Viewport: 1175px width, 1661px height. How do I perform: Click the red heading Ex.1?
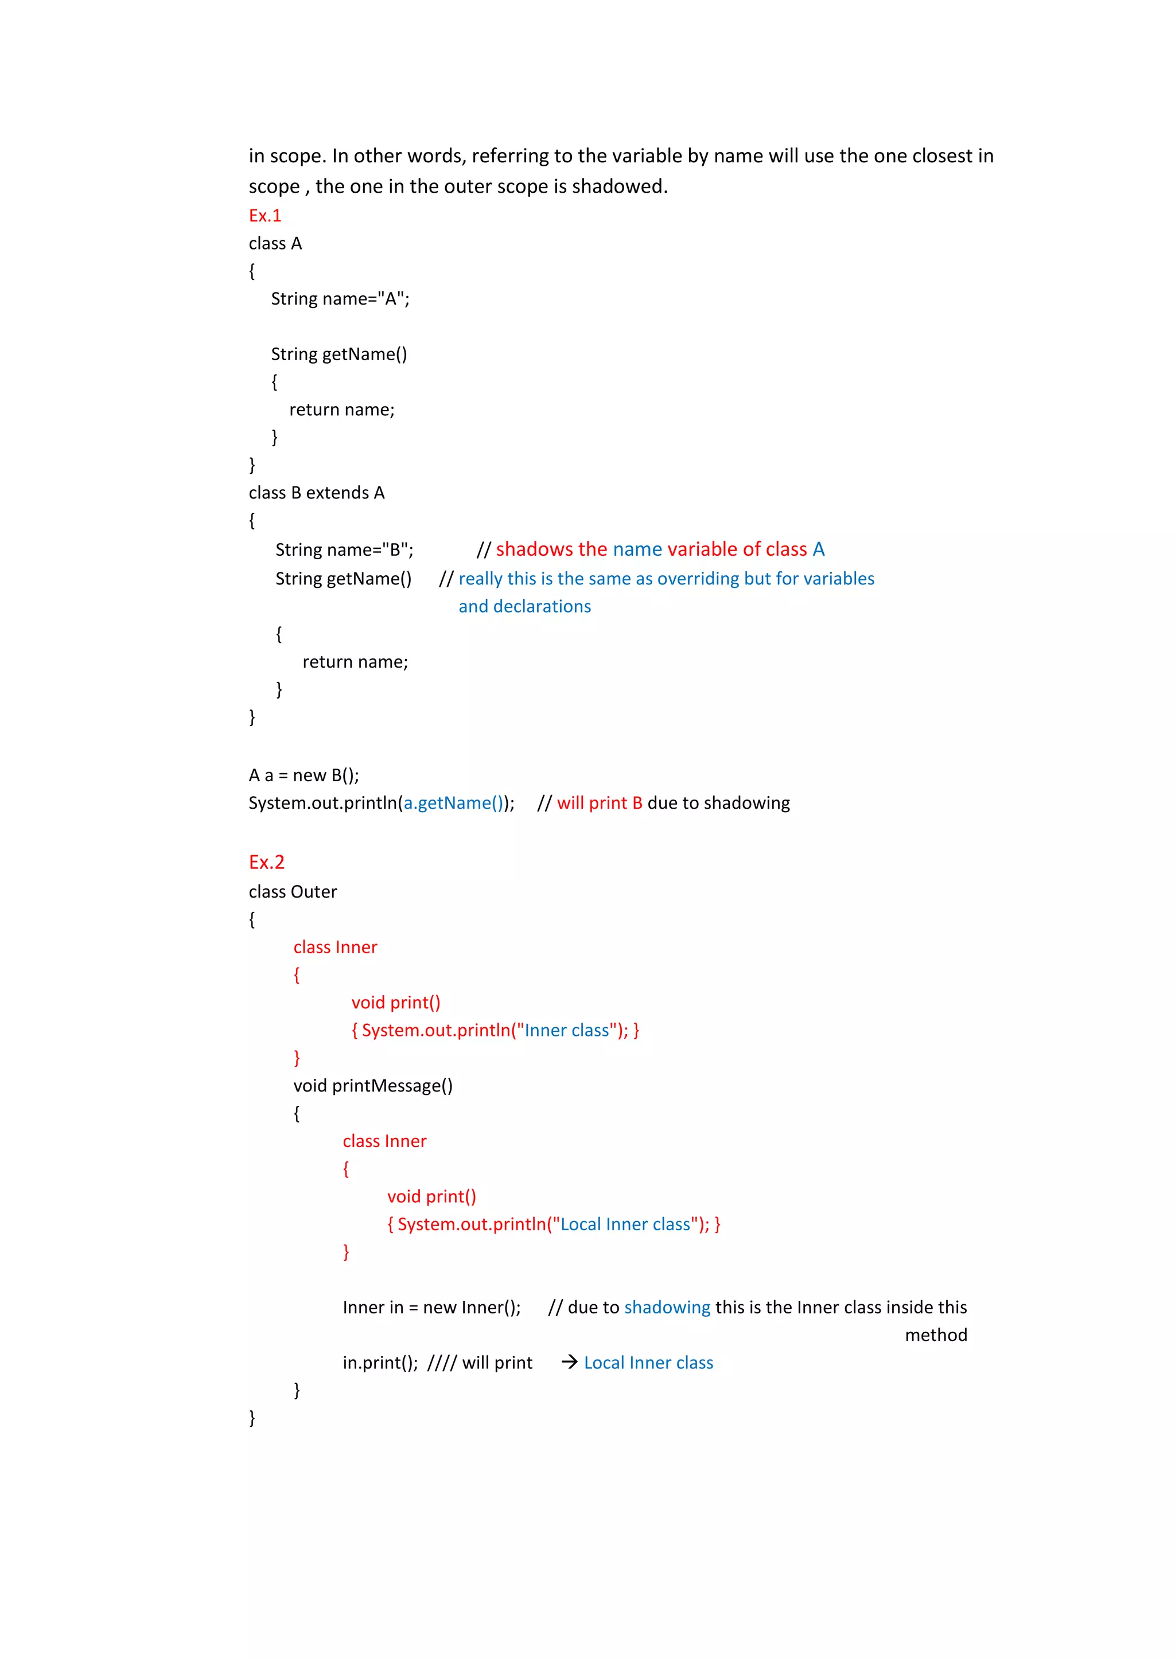(x=265, y=216)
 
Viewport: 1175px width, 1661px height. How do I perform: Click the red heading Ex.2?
(x=266, y=862)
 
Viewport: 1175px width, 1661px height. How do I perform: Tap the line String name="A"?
(x=340, y=299)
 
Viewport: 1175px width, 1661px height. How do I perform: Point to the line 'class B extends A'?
(x=316, y=493)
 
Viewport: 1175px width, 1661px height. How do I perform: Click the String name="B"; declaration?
(x=344, y=550)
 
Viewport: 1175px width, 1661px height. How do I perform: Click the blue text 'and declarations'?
(x=524, y=606)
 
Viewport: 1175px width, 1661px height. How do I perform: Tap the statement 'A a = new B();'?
(x=304, y=775)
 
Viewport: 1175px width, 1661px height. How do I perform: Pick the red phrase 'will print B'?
(x=599, y=803)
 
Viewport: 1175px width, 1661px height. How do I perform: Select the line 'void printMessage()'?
(x=372, y=1086)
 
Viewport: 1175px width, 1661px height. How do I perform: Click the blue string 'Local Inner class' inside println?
(x=625, y=1224)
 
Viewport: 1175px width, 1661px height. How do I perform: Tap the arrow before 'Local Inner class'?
(x=569, y=1362)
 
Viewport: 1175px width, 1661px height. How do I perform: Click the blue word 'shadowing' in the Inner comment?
(x=667, y=1307)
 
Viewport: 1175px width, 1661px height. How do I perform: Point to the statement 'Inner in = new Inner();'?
(x=431, y=1307)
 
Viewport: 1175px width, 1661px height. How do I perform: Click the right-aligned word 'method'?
(x=936, y=1335)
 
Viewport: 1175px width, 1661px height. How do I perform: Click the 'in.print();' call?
(x=380, y=1363)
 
